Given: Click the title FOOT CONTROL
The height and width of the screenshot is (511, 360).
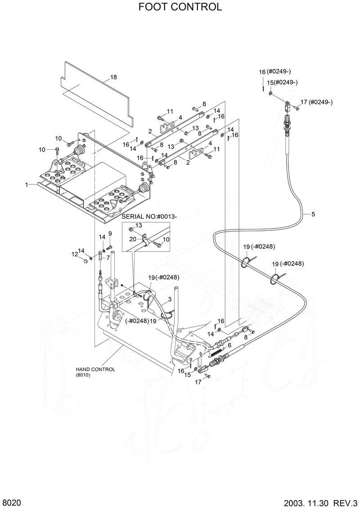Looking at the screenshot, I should (180, 7).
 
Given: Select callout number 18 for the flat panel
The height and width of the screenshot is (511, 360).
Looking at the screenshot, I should (113, 77).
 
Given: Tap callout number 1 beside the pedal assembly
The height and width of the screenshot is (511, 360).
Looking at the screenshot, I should (27, 184).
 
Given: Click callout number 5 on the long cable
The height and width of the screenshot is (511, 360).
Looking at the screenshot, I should (313, 214).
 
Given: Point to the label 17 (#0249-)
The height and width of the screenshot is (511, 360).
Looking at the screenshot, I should (317, 102).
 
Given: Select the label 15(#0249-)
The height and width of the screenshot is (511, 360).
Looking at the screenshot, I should (282, 82).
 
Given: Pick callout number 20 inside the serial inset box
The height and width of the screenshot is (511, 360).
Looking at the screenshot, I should (133, 239).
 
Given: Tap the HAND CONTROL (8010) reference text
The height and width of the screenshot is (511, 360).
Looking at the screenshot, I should (95, 372).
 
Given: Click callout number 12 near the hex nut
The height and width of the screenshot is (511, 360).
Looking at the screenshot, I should (74, 254).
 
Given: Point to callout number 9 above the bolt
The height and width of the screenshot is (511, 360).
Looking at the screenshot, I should (109, 233).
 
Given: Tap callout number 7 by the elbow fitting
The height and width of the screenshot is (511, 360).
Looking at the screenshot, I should (108, 258).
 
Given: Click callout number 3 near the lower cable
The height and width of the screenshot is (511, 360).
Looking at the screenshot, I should (170, 299).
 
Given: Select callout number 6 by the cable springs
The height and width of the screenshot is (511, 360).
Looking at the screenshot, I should (229, 345).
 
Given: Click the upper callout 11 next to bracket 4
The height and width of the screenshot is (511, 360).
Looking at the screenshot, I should (170, 112).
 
